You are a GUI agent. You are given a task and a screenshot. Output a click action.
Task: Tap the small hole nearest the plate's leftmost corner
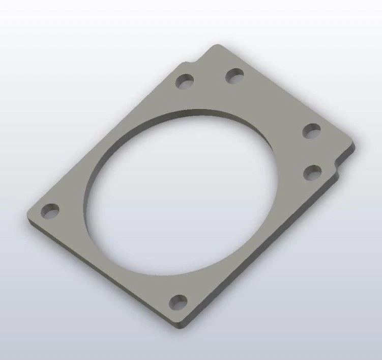(x=50, y=211)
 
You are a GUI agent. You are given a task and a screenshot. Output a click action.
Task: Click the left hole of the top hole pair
(x=185, y=81)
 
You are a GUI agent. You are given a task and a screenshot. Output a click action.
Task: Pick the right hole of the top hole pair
(x=234, y=76)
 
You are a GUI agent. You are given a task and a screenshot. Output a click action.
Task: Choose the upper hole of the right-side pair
(x=311, y=131)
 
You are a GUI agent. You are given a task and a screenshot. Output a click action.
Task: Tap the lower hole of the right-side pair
(x=313, y=173)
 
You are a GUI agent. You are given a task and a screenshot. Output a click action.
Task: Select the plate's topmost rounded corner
(x=217, y=46)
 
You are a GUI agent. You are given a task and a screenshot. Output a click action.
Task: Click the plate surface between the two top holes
(x=210, y=79)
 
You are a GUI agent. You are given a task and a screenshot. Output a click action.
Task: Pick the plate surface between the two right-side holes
(x=312, y=152)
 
